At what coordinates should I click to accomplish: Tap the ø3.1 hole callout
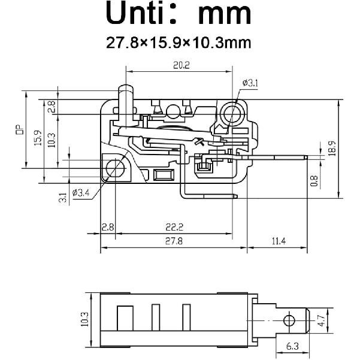250,83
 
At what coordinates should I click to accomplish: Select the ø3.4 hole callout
80,193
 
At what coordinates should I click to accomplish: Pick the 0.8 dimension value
314,180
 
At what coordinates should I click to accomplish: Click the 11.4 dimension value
279,241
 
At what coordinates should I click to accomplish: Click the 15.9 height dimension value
38,139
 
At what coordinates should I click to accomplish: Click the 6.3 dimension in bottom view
292,346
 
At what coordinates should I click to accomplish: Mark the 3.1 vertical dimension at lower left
62,196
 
